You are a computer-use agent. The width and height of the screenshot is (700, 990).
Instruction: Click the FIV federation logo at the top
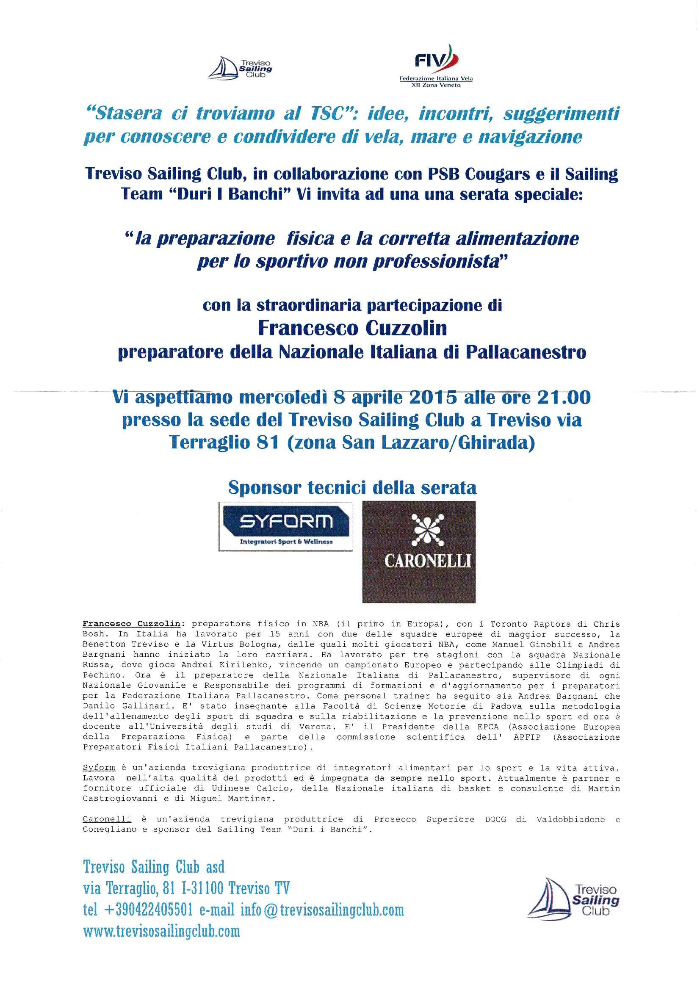coord(436,65)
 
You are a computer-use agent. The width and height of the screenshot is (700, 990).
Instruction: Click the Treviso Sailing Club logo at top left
coord(240,68)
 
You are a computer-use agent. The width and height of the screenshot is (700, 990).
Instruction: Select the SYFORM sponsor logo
coord(285,526)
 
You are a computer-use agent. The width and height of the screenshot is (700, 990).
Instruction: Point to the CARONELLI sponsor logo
coord(419,551)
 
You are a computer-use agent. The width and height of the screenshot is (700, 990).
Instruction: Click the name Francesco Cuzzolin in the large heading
coord(352,329)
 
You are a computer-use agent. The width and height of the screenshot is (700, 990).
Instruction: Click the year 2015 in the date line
coord(432,397)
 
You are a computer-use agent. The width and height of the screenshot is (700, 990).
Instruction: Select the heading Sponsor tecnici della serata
coord(352,488)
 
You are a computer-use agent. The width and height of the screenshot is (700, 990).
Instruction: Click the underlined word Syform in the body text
coord(99,768)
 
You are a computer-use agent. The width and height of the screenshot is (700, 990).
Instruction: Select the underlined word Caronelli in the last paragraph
coord(107,819)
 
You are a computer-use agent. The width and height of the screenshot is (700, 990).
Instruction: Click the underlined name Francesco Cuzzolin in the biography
coord(132,624)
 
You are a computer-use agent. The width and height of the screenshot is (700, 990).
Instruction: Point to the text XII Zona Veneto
coord(436,86)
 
